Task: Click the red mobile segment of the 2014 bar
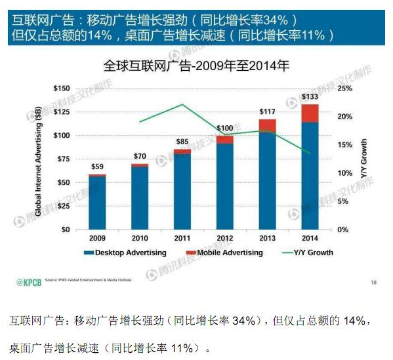(310, 113)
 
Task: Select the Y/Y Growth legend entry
(310, 252)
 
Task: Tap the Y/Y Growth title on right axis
(364, 159)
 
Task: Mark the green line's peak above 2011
(182, 105)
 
